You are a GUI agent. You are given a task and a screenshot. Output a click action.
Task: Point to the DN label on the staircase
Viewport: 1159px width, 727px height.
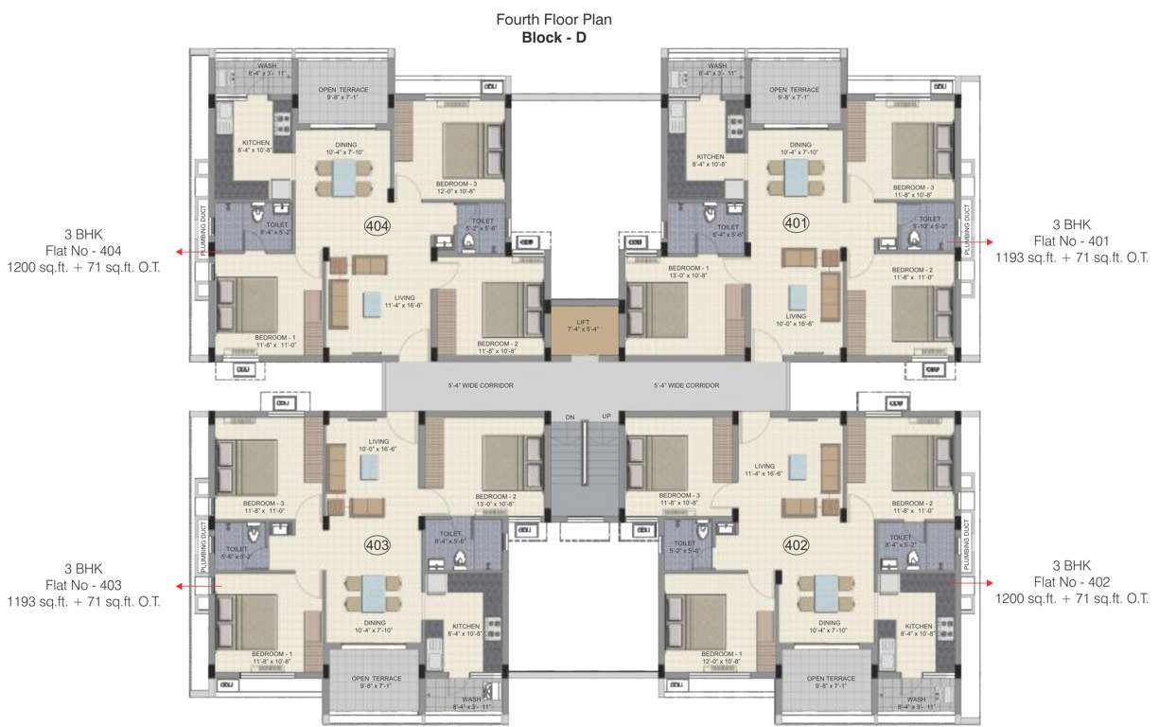[571, 417]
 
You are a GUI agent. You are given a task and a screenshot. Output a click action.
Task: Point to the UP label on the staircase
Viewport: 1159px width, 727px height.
[606, 417]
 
